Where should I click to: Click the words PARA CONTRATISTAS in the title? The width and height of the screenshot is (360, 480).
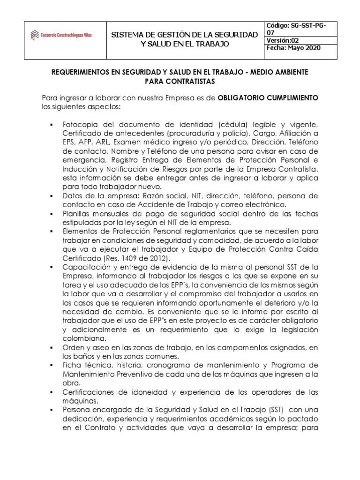[180, 82]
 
